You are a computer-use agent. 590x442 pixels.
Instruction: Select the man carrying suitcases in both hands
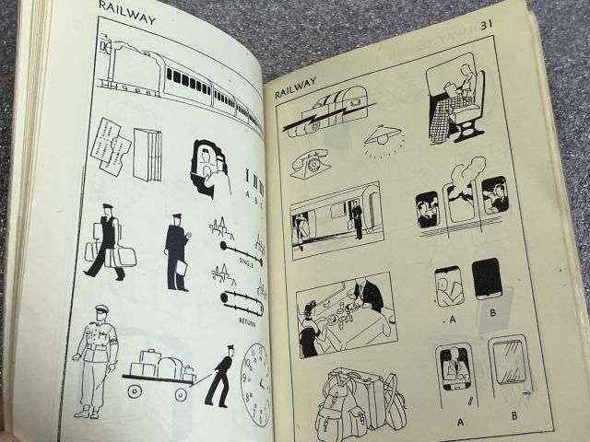pyautogui.click(x=107, y=241)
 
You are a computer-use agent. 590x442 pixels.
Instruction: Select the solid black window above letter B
pyautogui.click(x=487, y=279)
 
